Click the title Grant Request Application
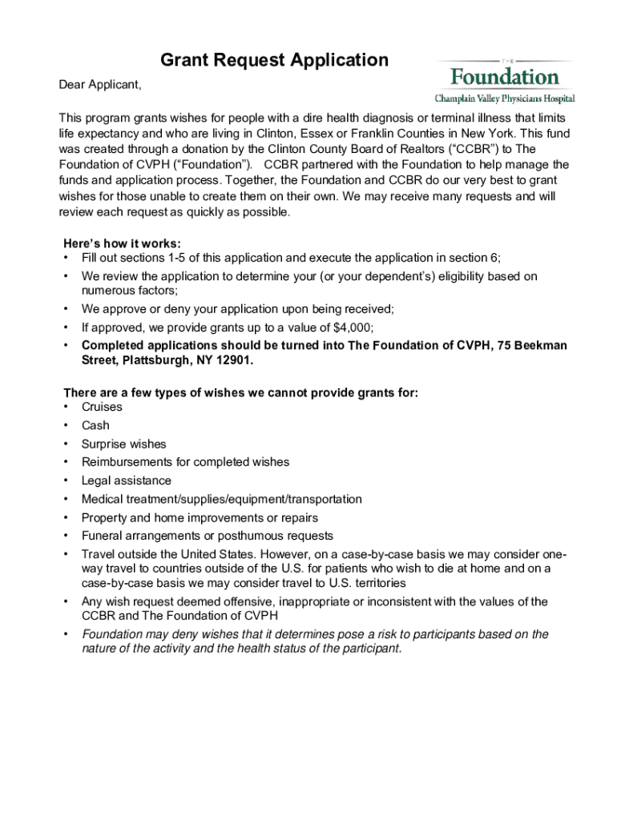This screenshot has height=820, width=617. (x=274, y=60)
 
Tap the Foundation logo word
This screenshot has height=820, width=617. (x=504, y=78)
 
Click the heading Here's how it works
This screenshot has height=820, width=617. (x=122, y=243)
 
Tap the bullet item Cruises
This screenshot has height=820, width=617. (x=102, y=407)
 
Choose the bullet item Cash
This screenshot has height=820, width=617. (x=95, y=425)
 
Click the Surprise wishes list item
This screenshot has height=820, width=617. (x=123, y=444)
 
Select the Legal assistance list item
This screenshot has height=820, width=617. (x=126, y=480)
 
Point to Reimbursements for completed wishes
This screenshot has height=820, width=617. (x=185, y=462)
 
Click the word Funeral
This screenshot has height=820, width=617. (x=103, y=536)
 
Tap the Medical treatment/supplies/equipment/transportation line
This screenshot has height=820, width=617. (x=221, y=499)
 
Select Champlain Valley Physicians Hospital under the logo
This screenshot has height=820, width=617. (x=504, y=98)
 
